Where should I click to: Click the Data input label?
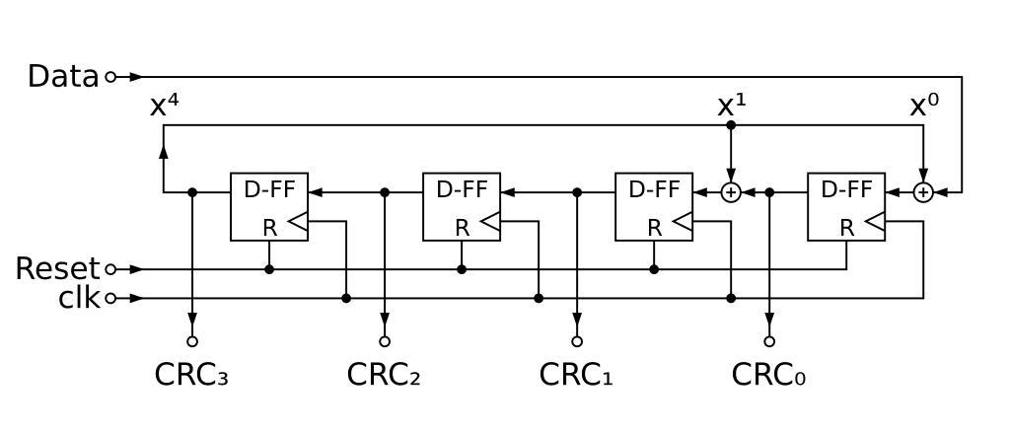click(63, 76)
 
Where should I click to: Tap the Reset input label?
click(57, 268)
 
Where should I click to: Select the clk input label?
click(79, 298)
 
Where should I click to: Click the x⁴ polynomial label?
click(164, 107)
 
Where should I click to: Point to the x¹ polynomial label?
click(731, 107)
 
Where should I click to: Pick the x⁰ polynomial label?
click(923, 107)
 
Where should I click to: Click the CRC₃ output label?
click(192, 375)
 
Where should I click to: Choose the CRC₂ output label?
click(385, 375)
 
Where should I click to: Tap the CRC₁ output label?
click(577, 375)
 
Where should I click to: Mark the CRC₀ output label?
click(769, 375)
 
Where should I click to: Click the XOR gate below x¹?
click(731, 192)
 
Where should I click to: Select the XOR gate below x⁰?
click(923, 192)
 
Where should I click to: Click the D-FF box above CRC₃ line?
click(269, 206)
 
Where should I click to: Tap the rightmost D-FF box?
click(846, 206)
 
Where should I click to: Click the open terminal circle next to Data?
click(110, 76)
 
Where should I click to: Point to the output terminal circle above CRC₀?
click(769, 341)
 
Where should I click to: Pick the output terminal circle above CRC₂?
click(385, 341)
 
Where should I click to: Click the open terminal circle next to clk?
click(110, 298)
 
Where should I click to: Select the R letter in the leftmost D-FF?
click(269, 227)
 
